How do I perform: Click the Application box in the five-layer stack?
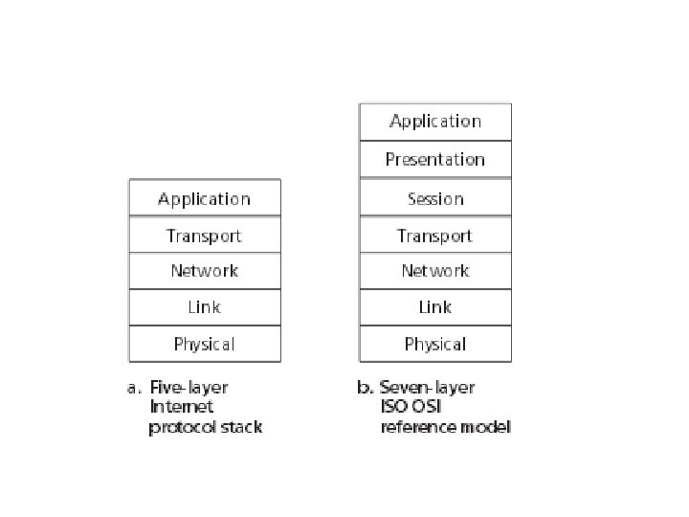[205, 197]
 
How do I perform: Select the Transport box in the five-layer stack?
[205, 235]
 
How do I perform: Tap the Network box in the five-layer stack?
[205, 271]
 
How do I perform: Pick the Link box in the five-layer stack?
[205, 307]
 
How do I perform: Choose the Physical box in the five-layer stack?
[205, 344]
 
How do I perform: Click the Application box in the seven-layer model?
[435, 123]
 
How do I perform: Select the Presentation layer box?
[435, 159]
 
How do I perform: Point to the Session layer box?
[435, 197]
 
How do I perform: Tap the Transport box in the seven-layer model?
[435, 235]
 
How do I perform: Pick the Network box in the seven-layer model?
[435, 271]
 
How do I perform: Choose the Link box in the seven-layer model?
[435, 307]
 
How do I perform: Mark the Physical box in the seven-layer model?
[435, 344]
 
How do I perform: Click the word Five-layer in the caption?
[189, 388]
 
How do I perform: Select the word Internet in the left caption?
[182, 406]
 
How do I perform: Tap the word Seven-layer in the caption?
[427, 388]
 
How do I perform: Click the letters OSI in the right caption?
[425, 406]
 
